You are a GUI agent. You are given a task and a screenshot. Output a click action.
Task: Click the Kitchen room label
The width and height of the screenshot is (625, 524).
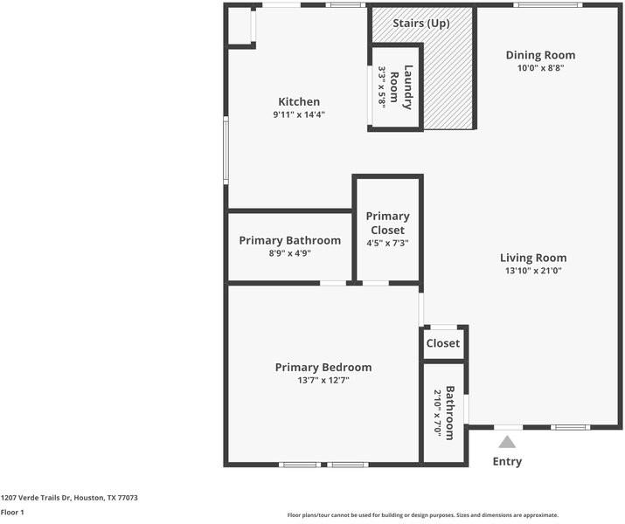(x=299, y=101)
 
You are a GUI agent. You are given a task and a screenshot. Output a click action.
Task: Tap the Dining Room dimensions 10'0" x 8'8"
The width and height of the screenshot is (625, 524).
(x=540, y=68)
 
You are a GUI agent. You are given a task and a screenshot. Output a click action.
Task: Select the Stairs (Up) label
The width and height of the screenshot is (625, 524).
(x=421, y=23)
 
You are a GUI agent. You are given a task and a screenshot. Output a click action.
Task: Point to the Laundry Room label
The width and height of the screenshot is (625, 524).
(x=401, y=86)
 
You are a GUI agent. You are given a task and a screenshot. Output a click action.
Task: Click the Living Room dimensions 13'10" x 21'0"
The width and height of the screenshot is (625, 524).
(x=533, y=271)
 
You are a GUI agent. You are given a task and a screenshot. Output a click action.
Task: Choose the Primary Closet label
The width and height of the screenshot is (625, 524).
(x=388, y=223)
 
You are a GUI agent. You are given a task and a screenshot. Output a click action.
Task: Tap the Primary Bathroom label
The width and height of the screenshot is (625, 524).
(x=290, y=240)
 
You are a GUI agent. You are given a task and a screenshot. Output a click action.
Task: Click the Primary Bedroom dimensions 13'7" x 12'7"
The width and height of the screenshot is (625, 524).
(x=323, y=380)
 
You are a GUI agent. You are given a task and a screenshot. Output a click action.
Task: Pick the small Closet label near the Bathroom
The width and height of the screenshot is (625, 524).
(x=443, y=343)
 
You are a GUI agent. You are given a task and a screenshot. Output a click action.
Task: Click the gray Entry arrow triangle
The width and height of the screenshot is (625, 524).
(x=507, y=443)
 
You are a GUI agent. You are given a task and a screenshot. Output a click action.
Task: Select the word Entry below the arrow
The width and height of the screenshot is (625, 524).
(x=507, y=461)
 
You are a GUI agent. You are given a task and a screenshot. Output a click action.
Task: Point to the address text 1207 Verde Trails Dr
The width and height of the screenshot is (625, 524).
(x=36, y=498)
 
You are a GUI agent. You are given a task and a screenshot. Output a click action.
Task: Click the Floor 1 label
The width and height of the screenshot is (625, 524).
(x=12, y=512)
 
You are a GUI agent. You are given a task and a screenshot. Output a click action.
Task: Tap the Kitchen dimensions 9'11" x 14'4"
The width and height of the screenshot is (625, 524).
(x=299, y=114)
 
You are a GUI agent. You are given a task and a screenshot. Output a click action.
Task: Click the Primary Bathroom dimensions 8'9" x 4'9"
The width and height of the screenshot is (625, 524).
(x=290, y=253)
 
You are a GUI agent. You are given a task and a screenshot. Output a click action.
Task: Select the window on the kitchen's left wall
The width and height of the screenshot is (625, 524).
(x=226, y=150)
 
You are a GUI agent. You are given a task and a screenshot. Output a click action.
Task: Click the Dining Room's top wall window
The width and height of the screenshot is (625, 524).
(x=548, y=5)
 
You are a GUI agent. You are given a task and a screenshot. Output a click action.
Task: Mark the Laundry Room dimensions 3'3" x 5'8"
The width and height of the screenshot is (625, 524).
(x=382, y=86)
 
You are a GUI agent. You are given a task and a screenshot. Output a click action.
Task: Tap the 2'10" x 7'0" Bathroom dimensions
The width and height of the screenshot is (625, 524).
(x=438, y=412)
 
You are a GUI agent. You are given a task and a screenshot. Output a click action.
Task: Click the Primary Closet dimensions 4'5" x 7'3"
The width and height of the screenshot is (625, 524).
(x=388, y=243)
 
